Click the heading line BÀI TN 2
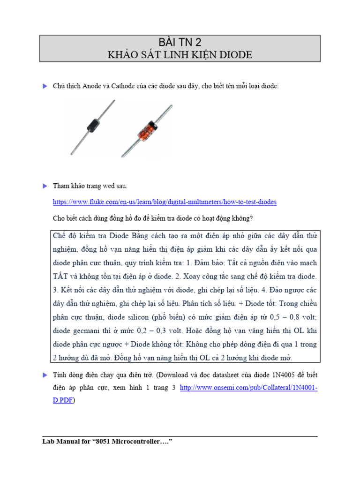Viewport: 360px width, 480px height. pos(180,42)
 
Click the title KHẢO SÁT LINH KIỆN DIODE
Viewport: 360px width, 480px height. pos(180,55)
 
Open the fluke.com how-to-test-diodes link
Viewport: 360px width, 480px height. pos(165,202)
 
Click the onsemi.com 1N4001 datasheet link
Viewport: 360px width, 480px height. pos(248,388)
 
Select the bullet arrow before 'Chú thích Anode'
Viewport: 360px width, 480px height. pos(45,86)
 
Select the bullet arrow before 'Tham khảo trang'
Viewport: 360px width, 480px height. pos(45,186)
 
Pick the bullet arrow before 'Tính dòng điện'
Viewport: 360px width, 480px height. pos(45,375)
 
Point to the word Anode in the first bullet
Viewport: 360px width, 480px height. pos(93,86)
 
